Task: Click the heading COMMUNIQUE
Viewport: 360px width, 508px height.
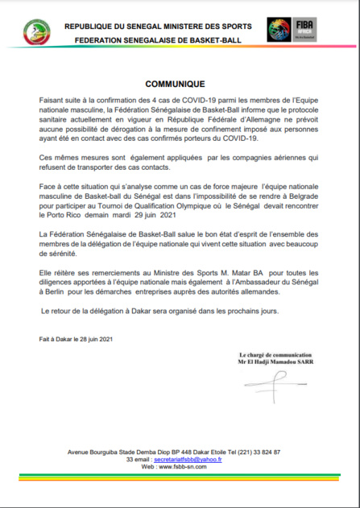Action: [x=180, y=84]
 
